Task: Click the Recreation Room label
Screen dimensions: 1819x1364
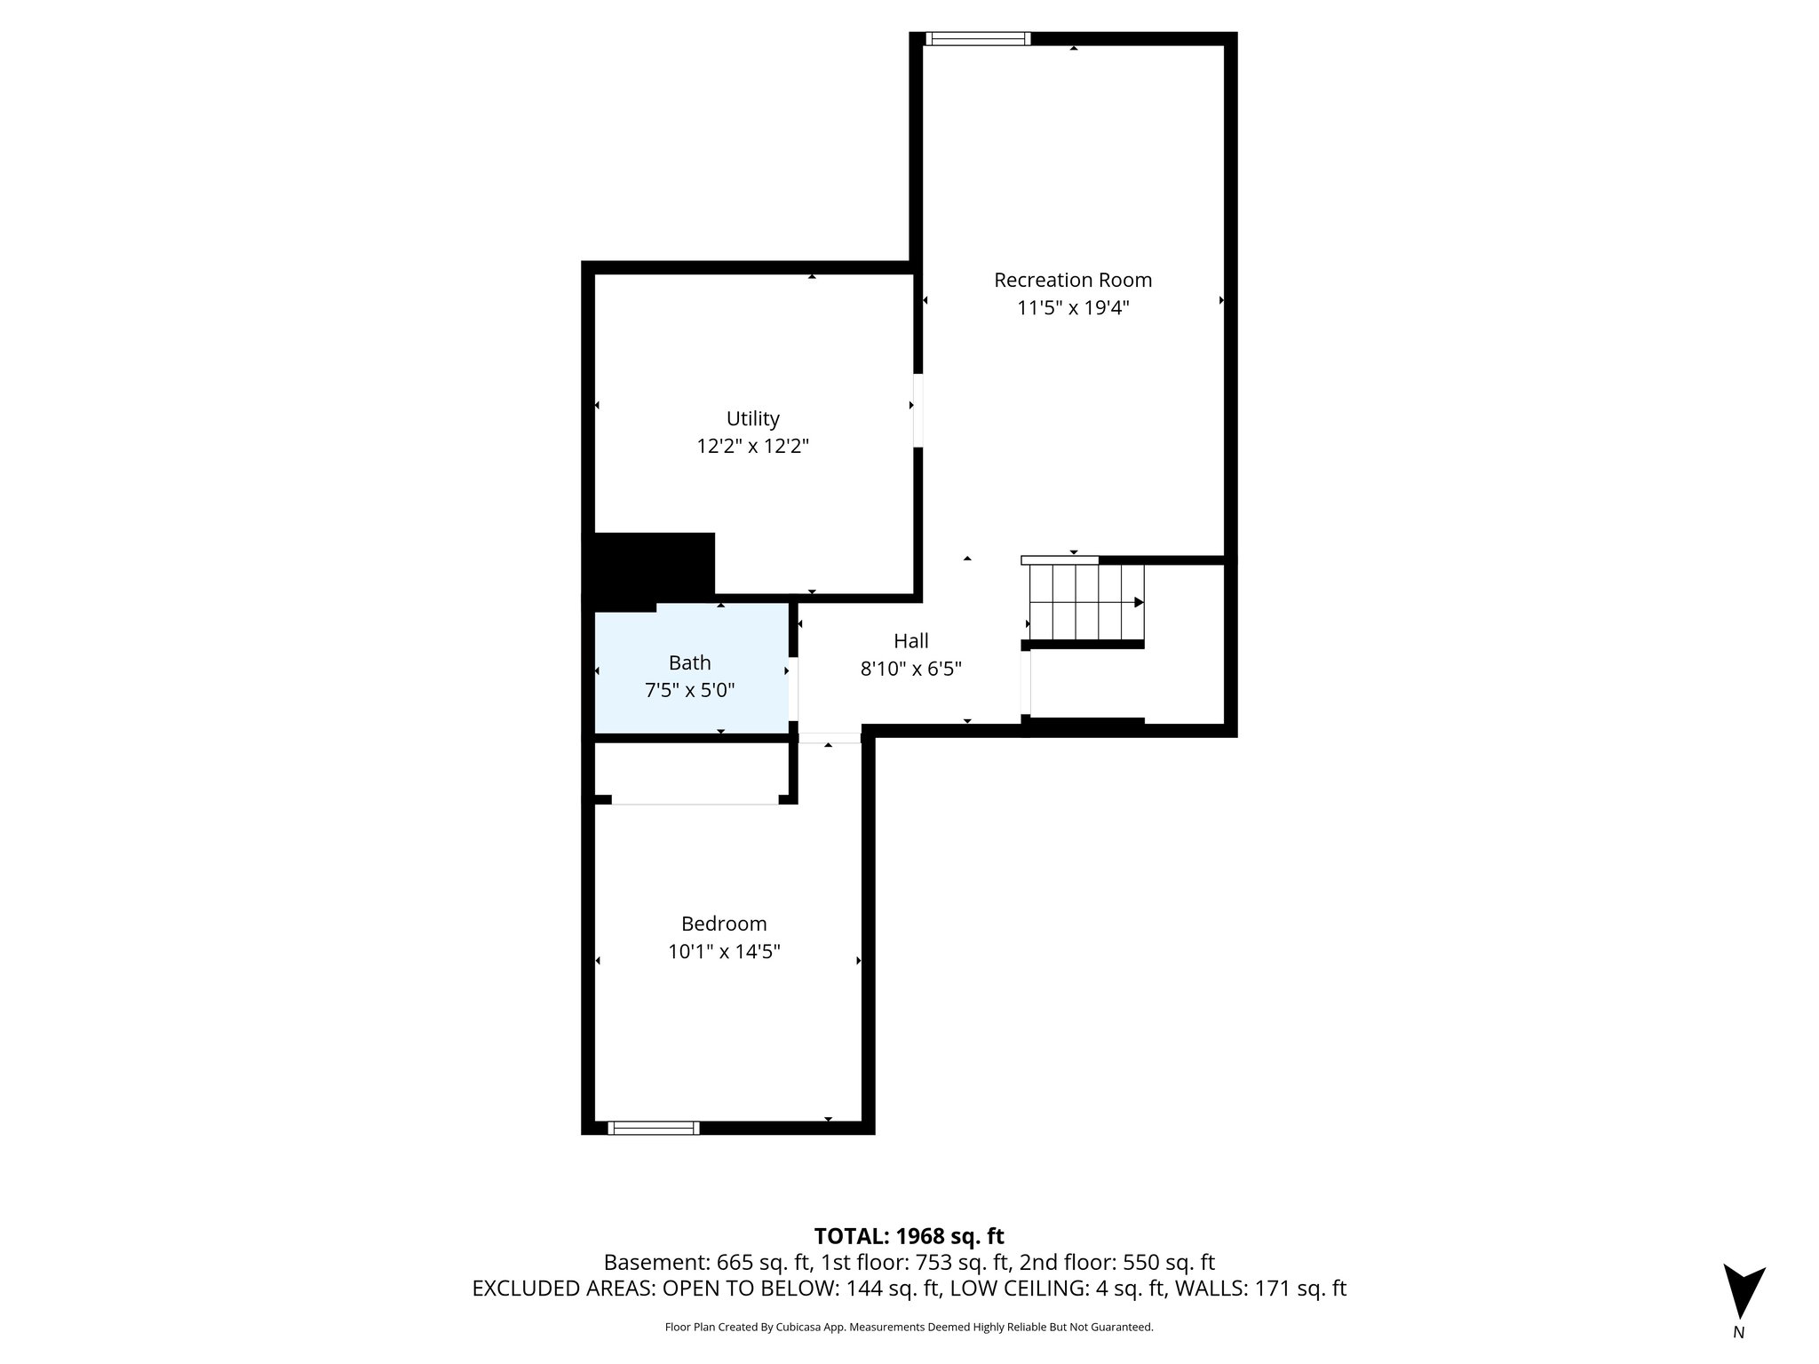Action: click(x=1073, y=280)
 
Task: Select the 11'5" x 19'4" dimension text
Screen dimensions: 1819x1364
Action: click(x=1073, y=308)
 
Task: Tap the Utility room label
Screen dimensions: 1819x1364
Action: click(x=753, y=418)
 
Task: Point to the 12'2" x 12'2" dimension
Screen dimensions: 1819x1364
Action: click(x=753, y=446)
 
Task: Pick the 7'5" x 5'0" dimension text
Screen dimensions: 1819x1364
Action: click(x=690, y=690)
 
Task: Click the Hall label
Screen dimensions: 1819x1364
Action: click(x=911, y=640)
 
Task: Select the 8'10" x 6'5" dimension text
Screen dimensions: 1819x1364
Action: click(x=911, y=669)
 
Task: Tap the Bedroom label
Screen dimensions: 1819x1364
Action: click(x=724, y=924)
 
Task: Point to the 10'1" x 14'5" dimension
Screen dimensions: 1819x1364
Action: click(x=724, y=952)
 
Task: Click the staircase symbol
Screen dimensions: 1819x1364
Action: click(x=1085, y=602)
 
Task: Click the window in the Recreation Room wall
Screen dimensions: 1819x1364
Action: click(x=977, y=38)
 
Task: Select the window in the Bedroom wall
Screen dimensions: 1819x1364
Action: click(x=653, y=1128)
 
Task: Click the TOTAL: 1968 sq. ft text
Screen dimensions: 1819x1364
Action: click(x=909, y=1235)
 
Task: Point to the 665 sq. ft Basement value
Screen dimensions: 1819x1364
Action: click(x=736, y=1263)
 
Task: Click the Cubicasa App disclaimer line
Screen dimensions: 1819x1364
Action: click(x=909, y=1327)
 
